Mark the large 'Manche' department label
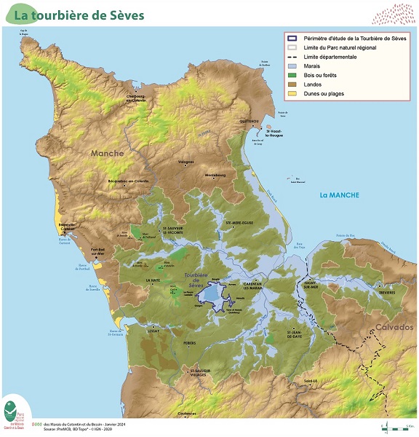click(107, 154)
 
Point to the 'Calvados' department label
click(394, 328)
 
